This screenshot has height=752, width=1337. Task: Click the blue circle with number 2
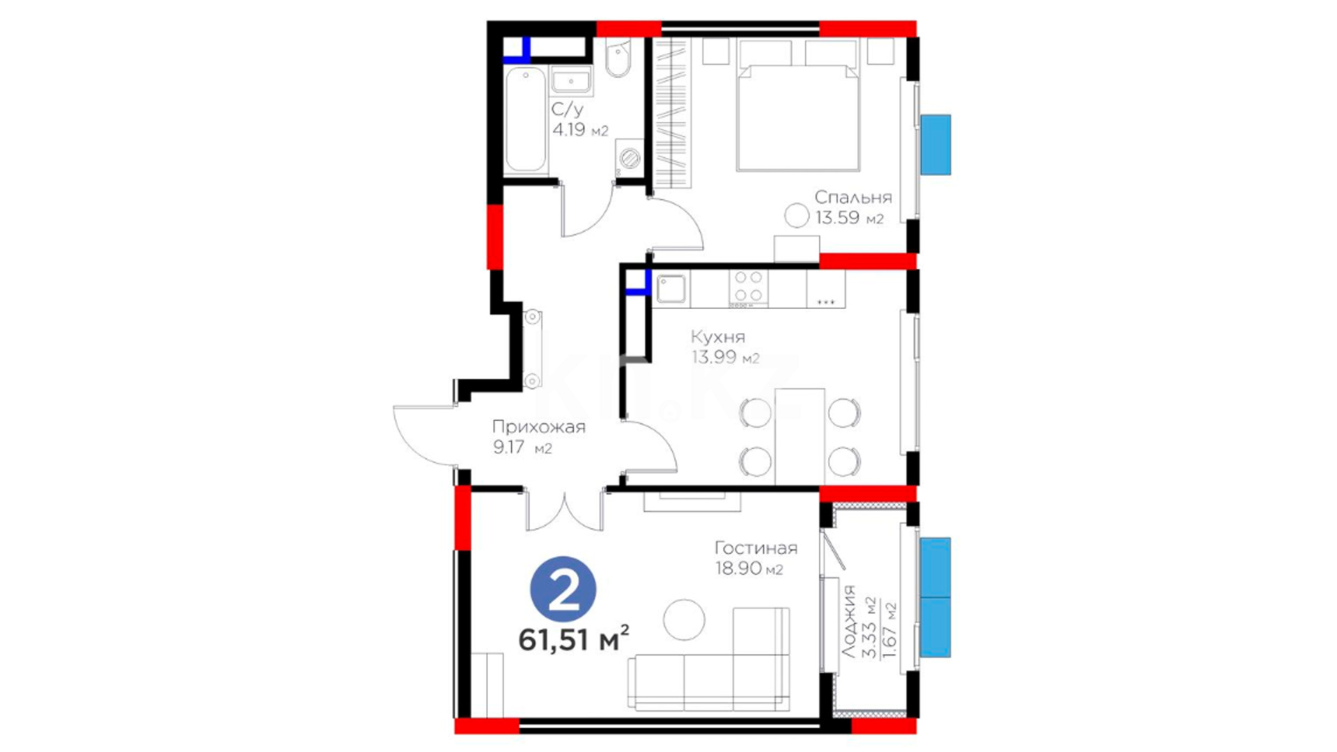(x=563, y=589)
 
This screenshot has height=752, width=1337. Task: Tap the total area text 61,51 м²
(x=574, y=639)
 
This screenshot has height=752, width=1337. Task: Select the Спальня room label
(x=853, y=197)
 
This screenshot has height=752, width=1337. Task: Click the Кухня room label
(x=718, y=337)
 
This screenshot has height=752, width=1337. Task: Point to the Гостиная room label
(x=756, y=548)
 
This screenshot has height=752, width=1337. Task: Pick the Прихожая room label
(x=539, y=427)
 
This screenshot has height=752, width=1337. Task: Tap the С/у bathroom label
(x=568, y=109)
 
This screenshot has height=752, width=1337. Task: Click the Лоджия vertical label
(x=848, y=622)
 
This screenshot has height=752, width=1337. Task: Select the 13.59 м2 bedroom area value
(x=850, y=218)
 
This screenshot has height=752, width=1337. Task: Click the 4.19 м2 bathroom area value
(x=580, y=130)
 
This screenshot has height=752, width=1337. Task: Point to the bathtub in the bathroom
(x=525, y=120)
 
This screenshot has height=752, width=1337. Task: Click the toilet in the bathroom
(x=618, y=58)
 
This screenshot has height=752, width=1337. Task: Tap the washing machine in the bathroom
(x=629, y=157)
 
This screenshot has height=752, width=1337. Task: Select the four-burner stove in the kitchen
(x=749, y=288)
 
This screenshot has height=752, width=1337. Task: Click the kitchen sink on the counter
(x=671, y=289)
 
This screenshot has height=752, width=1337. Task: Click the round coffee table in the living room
(x=684, y=620)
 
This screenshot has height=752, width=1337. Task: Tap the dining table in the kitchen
(x=799, y=437)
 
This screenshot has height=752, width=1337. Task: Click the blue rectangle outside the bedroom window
(x=935, y=144)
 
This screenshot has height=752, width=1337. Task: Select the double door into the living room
(x=564, y=512)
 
